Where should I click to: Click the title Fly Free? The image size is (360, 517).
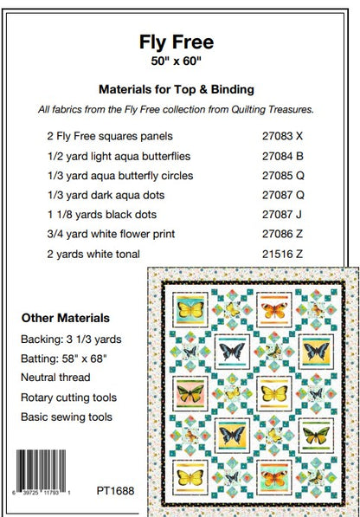click(x=179, y=41)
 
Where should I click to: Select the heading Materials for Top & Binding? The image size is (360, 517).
click(x=179, y=88)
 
